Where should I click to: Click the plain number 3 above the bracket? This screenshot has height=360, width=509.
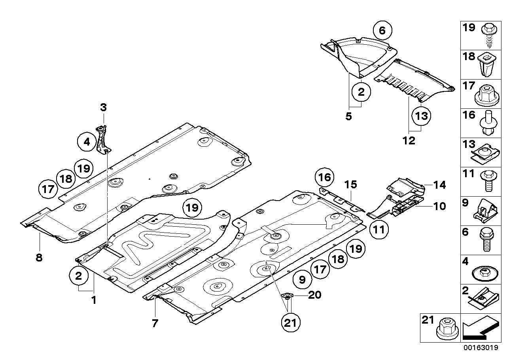tap(103, 107)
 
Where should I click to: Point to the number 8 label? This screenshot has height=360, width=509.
tap(38, 258)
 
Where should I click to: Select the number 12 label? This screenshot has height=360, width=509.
tap(409, 140)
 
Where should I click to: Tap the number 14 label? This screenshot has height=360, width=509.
tap(439, 185)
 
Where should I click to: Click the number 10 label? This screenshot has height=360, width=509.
tap(439, 206)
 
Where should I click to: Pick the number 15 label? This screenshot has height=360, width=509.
tap(350, 184)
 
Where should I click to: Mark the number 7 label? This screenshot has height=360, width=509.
tap(155, 323)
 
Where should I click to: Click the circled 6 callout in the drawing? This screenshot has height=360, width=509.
tap(382, 30)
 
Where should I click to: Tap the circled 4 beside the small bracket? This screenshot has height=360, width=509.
tap(87, 141)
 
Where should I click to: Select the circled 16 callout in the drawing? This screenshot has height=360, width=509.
tap(324, 178)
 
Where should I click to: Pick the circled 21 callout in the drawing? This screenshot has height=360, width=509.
tap(291, 323)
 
